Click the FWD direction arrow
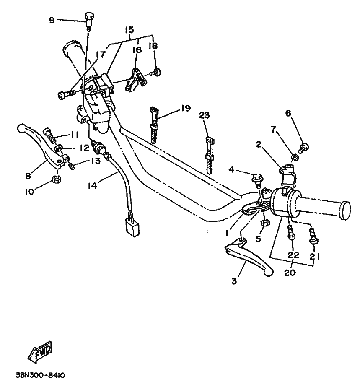tap(40, 351)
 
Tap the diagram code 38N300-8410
tap(40, 375)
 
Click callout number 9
tap(52, 20)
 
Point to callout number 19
tap(186, 108)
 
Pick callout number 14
tap(92, 186)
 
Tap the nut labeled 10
tap(57, 180)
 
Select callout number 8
tap(28, 175)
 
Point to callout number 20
tap(290, 273)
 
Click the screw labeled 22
tap(291, 233)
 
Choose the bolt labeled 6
tap(304, 148)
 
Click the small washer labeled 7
tap(295, 157)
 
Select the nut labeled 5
tap(265, 223)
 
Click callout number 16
tap(137, 50)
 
